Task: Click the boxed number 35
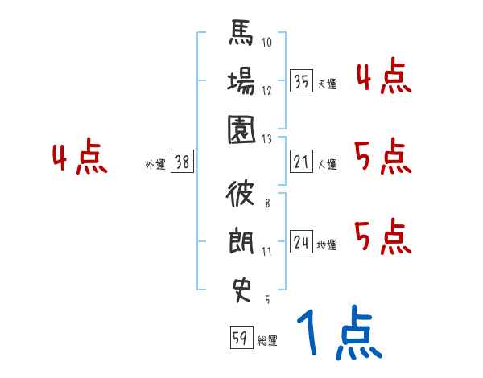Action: click(x=301, y=81)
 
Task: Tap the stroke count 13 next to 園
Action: click(x=268, y=138)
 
